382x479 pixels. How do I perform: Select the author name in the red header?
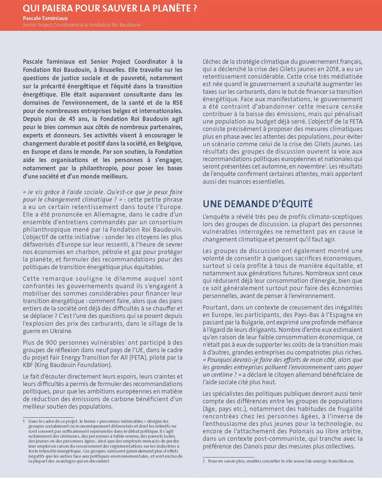pos(45,18)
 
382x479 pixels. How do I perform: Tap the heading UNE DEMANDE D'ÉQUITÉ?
pos(258,204)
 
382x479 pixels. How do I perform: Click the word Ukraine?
pos(61,331)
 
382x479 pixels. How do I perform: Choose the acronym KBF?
pos(28,365)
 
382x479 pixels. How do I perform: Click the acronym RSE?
pos(178,103)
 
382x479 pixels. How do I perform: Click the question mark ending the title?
pos(195,8)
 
